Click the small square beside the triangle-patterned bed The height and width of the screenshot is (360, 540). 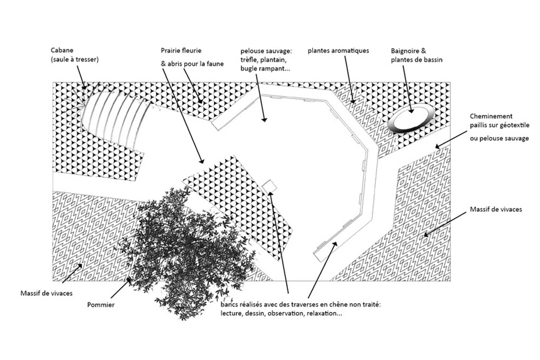click(x=269, y=186)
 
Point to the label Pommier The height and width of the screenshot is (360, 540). click(x=101, y=305)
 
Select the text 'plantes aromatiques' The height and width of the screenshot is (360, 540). click(x=338, y=51)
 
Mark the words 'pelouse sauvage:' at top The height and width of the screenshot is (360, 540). click(x=266, y=51)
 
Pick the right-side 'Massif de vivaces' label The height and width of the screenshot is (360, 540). click(x=496, y=209)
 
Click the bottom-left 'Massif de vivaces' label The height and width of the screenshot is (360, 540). click(x=46, y=293)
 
